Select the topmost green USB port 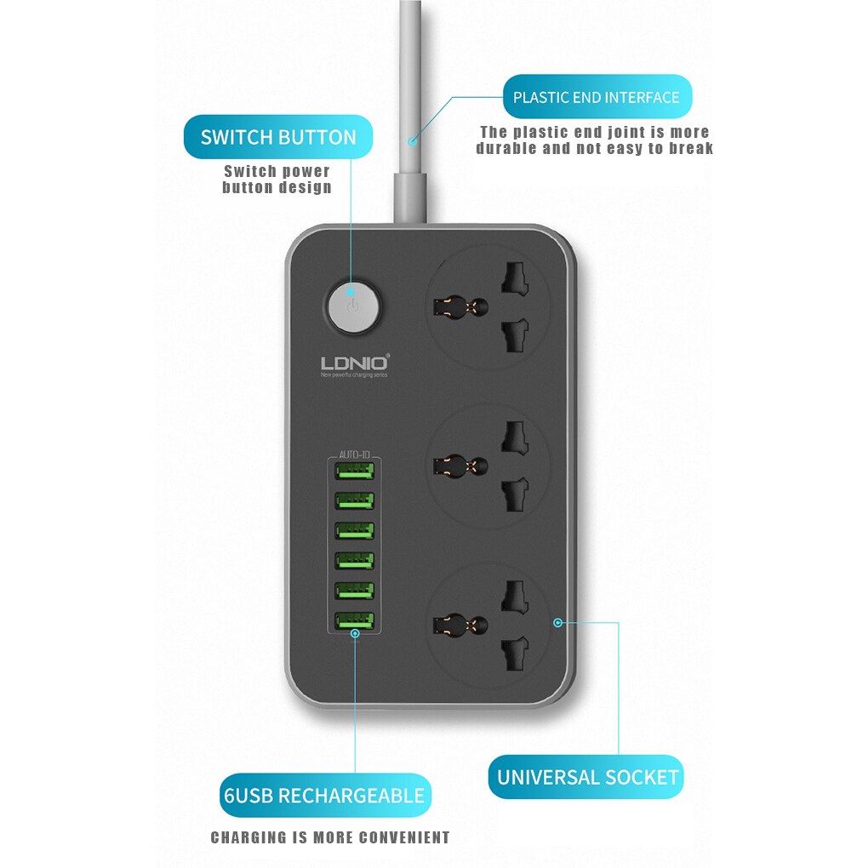tap(355, 471)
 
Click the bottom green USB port tap(355, 621)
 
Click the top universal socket tap(488, 306)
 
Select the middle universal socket tap(488, 465)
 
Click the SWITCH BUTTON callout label tap(278, 138)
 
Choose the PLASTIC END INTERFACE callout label tap(596, 97)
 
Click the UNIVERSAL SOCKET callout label tap(587, 777)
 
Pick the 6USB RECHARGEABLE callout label tap(323, 796)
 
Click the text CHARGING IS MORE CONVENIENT tap(330, 838)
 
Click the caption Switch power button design tap(277, 180)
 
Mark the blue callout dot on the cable tap(412, 141)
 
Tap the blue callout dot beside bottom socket tap(557, 622)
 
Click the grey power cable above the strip tap(411, 85)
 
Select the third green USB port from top tap(355, 530)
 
